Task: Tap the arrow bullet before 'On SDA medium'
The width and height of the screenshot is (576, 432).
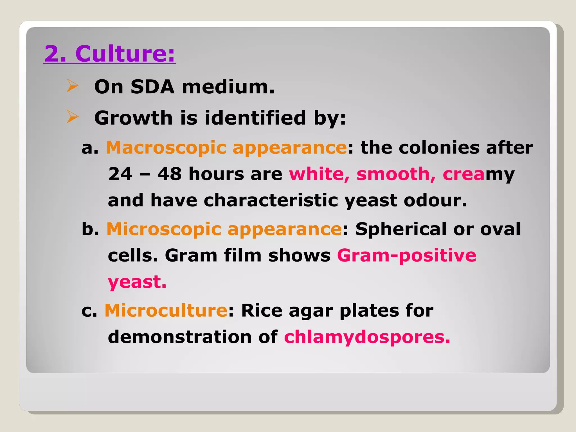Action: pyautogui.click(x=72, y=86)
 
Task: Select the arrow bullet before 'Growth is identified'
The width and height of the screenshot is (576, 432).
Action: pyautogui.click(x=72, y=117)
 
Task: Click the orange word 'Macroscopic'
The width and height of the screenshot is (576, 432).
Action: pyautogui.click(x=166, y=148)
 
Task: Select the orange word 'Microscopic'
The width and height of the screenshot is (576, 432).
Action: pyautogui.click(x=164, y=229)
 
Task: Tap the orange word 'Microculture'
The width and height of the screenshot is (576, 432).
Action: pyautogui.click(x=166, y=310)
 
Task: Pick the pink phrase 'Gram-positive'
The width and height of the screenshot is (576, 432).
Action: pyautogui.click(x=406, y=255)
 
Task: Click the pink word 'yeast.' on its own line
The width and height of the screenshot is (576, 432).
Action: pyautogui.click(x=137, y=282)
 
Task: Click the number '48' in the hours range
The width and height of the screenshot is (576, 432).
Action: pyautogui.click(x=169, y=174)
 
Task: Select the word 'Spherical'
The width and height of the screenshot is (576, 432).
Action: pyautogui.click(x=400, y=229)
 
